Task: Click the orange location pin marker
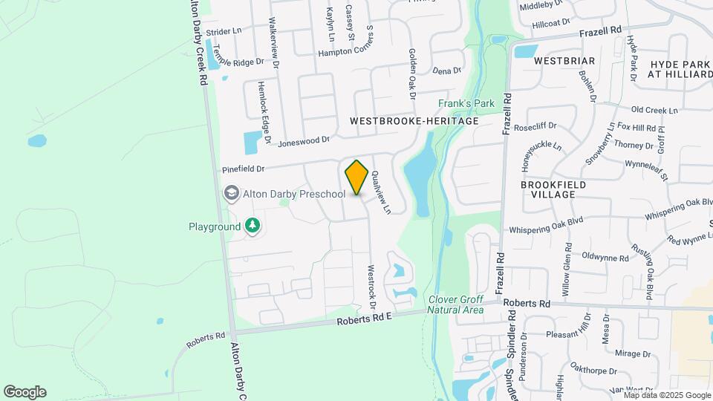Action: [356, 177]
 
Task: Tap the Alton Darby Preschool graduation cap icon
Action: [231, 194]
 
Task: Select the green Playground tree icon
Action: [253, 226]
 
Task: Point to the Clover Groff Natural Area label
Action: [456, 304]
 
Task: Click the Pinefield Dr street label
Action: [244, 170]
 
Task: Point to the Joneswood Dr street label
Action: [304, 139]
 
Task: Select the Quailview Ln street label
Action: [380, 192]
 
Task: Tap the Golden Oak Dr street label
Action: [411, 74]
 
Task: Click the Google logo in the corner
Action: [25, 392]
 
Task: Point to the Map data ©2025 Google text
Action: [667, 395]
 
